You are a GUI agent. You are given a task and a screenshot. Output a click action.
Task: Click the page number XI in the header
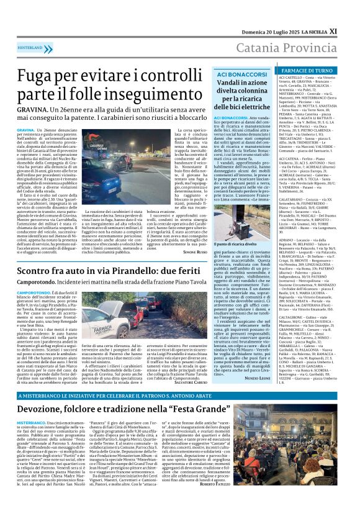click(x=350, y=13)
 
